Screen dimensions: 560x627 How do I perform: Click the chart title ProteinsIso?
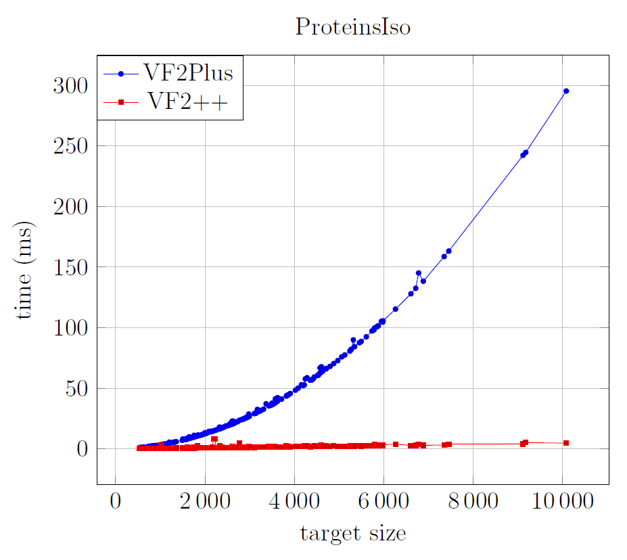point(352,27)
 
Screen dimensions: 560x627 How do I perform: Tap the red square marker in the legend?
point(121,102)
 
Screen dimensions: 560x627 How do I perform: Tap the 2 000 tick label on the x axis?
point(204,503)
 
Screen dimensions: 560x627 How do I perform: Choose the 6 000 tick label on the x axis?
point(384,503)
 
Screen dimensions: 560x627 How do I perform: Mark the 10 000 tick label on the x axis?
point(562,503)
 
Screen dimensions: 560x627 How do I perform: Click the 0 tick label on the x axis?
point(116,503)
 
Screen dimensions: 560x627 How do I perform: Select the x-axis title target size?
point(352,534)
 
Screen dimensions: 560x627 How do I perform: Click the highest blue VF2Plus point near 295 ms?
point(566,91)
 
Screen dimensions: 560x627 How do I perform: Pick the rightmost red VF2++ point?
point(566,443)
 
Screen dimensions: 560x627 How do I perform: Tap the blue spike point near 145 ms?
point(418,273)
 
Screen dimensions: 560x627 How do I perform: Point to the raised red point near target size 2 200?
point(214,439)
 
